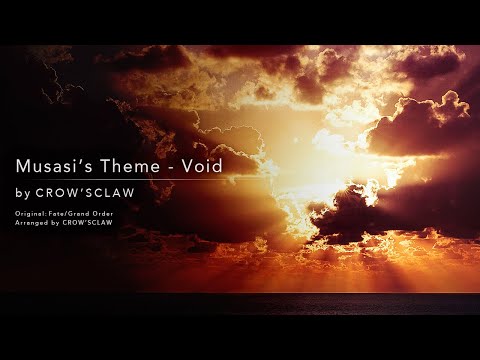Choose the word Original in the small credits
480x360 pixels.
31,213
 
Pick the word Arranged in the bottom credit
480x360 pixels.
33,222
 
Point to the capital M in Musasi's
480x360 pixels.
23,163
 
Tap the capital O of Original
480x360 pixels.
17,213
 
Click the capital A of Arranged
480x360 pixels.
17,222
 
